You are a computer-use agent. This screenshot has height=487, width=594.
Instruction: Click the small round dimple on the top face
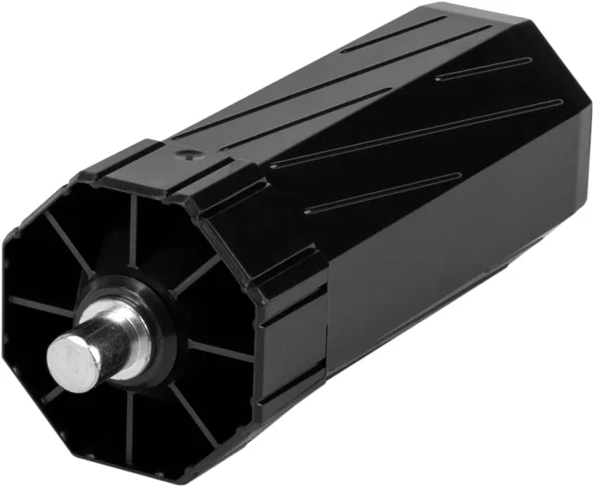(x=190, y=151)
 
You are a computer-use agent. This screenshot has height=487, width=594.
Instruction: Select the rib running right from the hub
(x=220, y=350)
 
